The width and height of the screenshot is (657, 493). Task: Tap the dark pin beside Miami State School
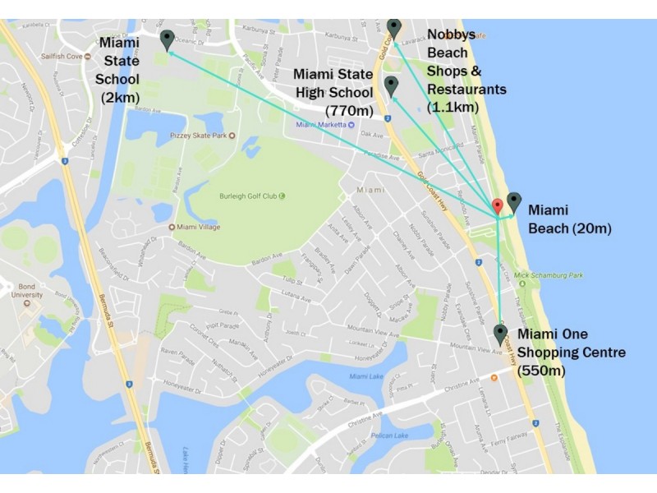click(168, 39)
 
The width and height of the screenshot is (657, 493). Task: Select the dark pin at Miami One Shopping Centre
click(500, 334)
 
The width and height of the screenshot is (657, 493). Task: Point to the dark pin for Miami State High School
click(391, 85)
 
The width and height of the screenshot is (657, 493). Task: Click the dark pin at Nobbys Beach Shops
click(394, 28)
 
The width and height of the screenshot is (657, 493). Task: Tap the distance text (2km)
click(119, 98)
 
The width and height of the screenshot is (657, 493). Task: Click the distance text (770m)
click(351, 110)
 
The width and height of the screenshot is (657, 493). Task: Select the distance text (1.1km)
click(452, 107)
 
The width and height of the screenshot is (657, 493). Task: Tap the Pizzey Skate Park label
click(199, 135)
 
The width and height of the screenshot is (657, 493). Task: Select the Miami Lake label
click(365, 376)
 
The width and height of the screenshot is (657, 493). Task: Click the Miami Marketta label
click(320, 125)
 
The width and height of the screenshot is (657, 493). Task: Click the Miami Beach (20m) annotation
click(569, 219)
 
